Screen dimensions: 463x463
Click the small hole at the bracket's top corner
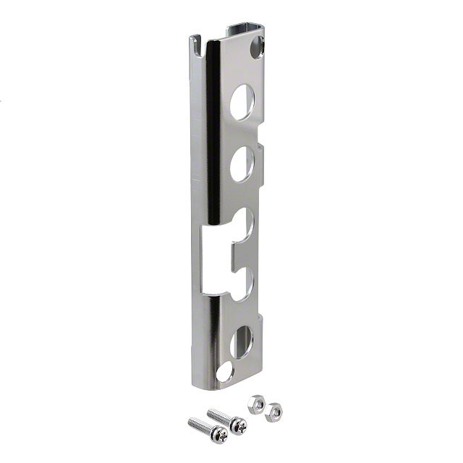[258, 50]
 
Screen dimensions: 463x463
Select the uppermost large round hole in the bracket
[242, 102]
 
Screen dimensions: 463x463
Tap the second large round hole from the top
[242, 163]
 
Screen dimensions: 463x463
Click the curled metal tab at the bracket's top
[244, 30]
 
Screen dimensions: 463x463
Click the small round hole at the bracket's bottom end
[224, 372]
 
